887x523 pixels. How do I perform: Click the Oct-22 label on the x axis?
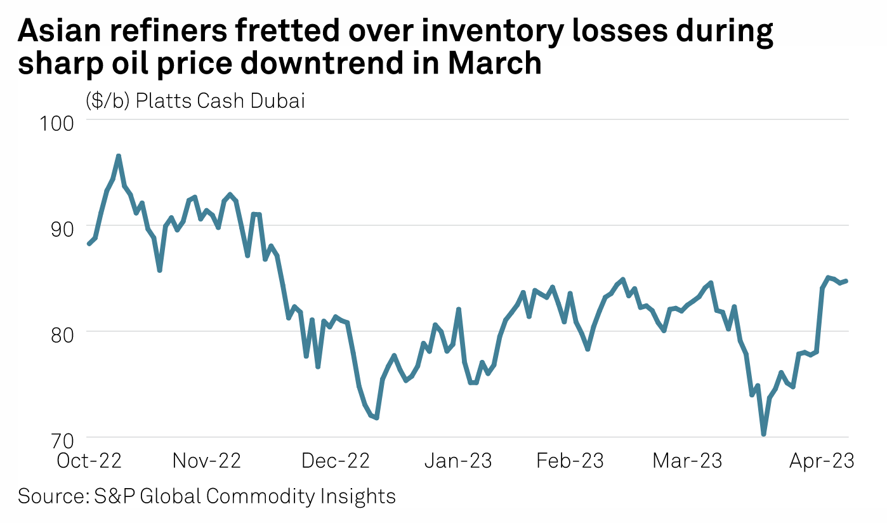point(89,461)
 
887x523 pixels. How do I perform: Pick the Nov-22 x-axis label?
point(207,461)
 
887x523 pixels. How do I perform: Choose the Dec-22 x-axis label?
point(336,461)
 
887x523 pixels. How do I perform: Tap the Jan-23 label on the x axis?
point(457,461)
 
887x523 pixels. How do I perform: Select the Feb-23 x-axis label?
point(570,461)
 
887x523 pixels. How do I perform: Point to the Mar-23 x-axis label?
point(687,461)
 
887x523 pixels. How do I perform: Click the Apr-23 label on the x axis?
point(821,461)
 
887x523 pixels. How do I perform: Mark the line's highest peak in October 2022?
point(118,156)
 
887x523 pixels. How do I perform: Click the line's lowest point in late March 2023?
point(764,434)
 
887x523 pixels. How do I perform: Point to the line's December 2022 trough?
point(376,418)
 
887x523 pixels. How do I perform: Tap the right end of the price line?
point(846,281)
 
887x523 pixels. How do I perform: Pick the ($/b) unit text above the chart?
point(107,101)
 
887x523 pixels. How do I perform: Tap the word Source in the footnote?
point(49,496)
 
